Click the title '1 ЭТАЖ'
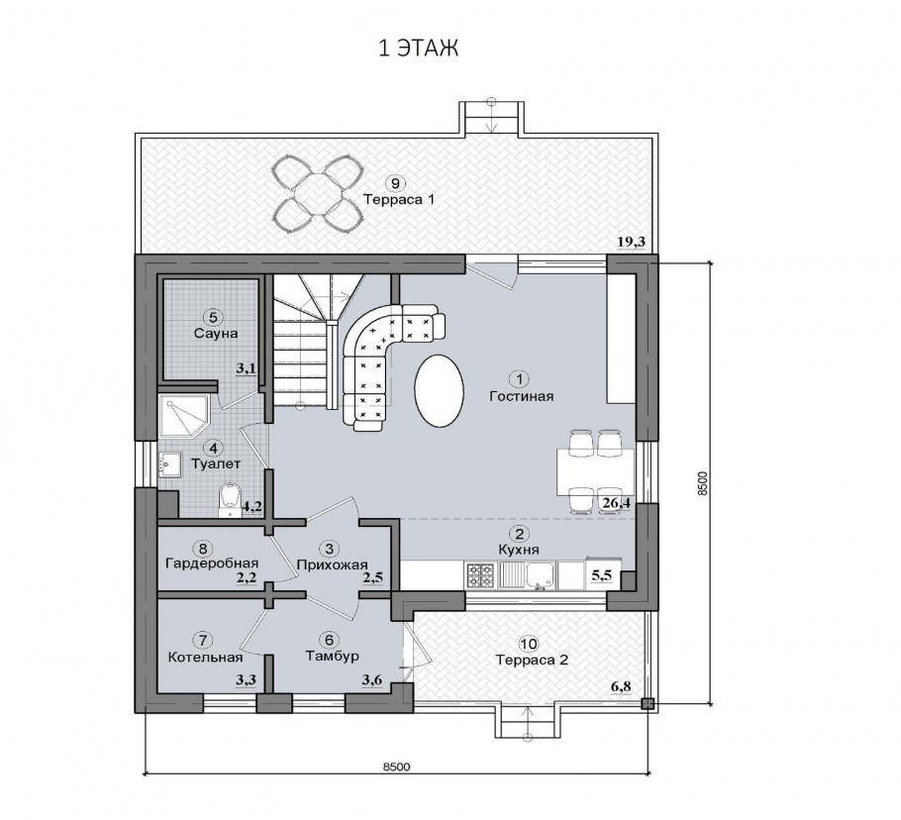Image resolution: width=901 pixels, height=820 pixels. pos(418,49)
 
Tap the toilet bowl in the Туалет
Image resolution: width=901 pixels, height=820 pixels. pos(230,500)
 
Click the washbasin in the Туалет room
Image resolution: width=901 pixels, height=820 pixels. pos(170,464)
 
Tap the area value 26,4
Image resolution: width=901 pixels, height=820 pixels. pos(616,504)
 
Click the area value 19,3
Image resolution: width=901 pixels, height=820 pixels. pos(632,242)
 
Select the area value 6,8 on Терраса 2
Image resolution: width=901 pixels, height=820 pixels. pos(621,686)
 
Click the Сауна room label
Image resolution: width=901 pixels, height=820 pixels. pos(216,334)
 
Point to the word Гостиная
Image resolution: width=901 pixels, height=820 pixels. pos(521,396)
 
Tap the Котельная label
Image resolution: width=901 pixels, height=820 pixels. pos(205,657)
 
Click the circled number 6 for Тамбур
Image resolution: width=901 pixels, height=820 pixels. pos(329,640)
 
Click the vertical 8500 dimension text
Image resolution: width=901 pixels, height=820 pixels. pos(702,484)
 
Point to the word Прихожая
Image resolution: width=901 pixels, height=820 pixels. pos(332,564)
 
